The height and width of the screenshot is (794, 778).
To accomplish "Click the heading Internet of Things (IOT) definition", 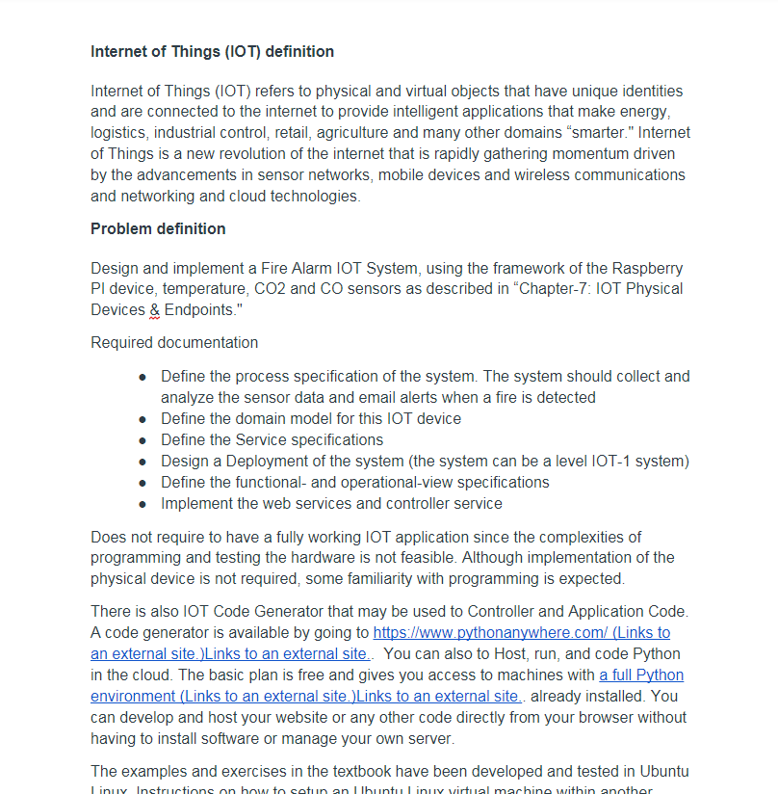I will coord(212,51).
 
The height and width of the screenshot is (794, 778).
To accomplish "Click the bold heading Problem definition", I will coord(158,228).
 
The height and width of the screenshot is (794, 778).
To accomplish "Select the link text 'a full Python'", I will coord(641,675).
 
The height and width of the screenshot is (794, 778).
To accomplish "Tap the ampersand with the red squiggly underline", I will coord(154,310).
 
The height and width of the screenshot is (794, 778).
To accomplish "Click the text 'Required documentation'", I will coord(174,342).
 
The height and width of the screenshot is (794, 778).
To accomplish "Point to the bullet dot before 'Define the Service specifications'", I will coord(143,440).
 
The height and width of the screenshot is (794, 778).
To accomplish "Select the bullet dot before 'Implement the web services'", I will coord(143,504).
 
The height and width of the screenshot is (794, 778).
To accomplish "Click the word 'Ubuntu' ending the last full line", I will coord(662,772).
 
